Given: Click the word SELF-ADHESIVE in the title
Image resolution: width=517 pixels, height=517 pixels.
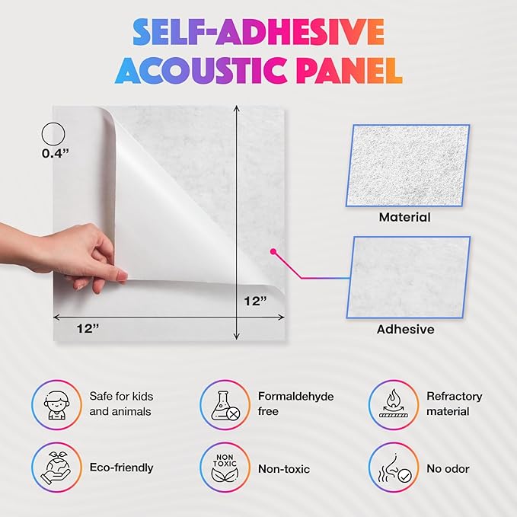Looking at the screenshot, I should [258, 33].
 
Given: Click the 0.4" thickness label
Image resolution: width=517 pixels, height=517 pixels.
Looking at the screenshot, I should [56, 152].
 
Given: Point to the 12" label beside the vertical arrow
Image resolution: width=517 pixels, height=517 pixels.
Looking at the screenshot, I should [254, 301].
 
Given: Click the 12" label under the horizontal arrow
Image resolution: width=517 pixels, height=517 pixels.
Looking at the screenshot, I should [88, 328].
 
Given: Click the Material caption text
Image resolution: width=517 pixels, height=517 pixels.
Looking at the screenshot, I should [404, 218].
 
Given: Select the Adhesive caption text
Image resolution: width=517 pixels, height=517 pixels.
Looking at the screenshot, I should [406, 330].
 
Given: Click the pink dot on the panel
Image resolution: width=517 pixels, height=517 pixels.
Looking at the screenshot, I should [271, 251].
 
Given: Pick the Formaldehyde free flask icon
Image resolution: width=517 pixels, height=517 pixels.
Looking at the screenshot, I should [225, 404].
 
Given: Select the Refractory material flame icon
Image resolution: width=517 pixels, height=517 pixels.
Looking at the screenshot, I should [393, 404].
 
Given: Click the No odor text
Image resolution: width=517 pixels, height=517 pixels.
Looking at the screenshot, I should [448, 469].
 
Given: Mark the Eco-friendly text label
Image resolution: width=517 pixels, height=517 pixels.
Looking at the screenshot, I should [122, 468].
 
